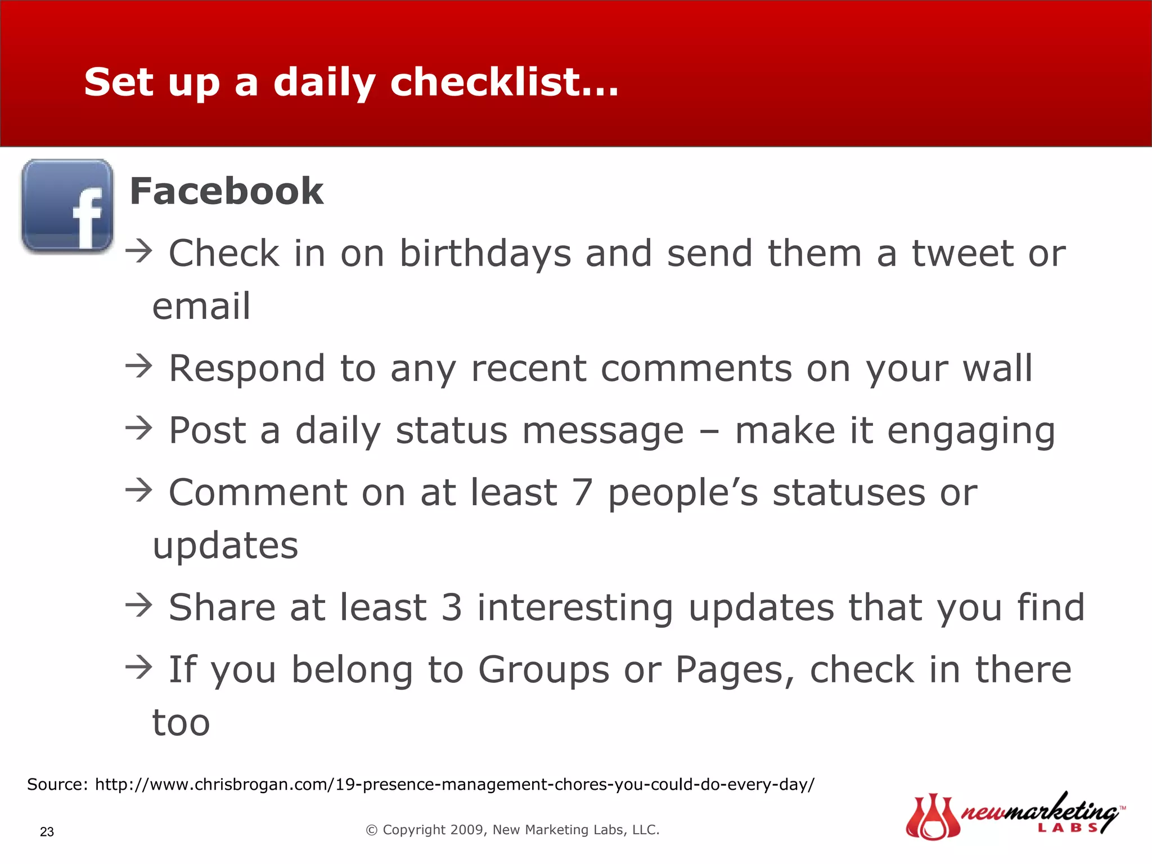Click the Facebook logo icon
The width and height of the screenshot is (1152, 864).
click(67, 206)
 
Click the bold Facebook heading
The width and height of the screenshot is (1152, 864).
click(226, 191)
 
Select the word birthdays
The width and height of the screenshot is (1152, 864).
click(485, 254)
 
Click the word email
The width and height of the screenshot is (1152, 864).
click(201, 307)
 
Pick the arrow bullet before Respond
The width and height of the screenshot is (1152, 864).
click(138, 366)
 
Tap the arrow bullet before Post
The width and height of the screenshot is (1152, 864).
click(138, 428)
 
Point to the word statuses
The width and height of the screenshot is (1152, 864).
click(849, 493)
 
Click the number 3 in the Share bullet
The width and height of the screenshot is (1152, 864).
click(452, 607)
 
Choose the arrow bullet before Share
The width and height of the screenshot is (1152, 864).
click(138, 605)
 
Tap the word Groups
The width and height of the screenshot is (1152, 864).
click(543, 670)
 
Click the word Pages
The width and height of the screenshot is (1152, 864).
click(735, 670)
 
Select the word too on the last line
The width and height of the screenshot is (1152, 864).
click(181, 723)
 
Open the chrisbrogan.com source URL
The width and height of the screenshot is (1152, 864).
click(454, 784)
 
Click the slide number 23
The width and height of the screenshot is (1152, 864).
click(47, 832)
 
